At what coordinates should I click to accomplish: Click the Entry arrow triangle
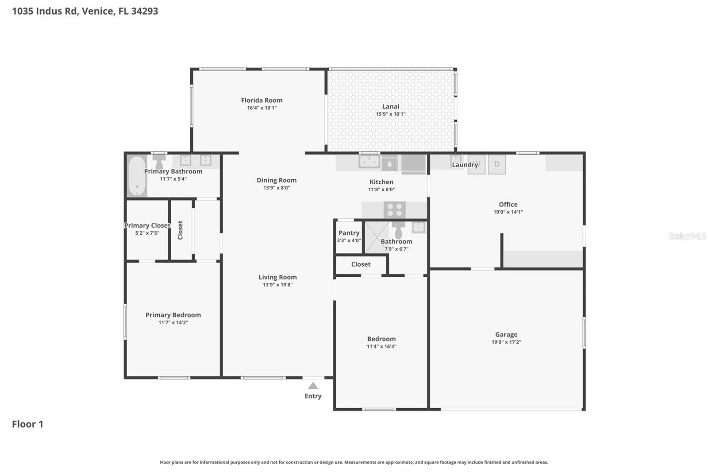313,386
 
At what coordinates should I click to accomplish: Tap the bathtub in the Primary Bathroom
137,176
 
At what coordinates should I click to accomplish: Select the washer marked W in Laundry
477,164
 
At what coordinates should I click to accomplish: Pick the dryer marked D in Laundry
497,164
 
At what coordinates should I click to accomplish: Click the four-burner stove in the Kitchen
394,209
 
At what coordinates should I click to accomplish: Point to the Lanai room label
390,106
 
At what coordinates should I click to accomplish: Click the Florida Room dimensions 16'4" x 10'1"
262,108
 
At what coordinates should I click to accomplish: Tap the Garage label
506,334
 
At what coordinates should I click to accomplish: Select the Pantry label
349,233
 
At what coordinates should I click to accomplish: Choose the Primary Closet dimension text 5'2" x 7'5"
147,233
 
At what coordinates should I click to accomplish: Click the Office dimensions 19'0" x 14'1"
508,212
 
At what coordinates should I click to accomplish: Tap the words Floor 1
27,424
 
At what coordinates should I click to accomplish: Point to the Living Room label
277,277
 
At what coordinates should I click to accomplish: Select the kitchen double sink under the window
369,161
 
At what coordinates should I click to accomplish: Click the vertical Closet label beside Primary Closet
180,230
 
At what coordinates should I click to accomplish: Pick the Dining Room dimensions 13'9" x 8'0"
277,188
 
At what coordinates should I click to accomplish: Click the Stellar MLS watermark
687,236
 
